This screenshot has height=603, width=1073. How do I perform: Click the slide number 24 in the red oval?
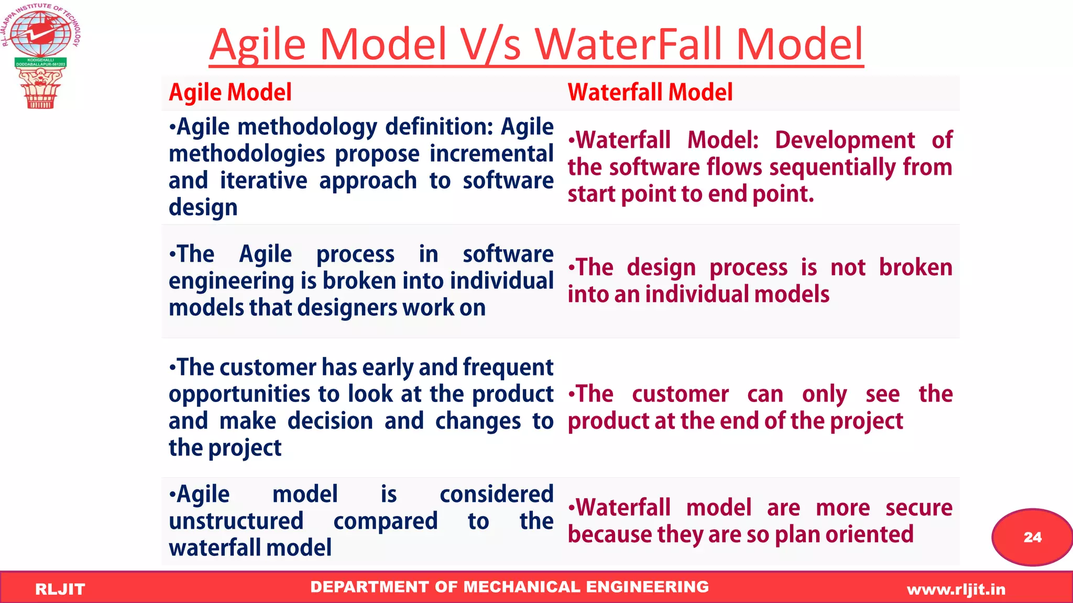(x=1032, y=537)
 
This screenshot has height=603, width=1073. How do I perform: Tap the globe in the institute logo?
(x=40, y=35)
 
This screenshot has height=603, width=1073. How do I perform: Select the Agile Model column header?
(x=230, y=93)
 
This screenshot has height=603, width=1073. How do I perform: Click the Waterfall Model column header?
(x=650, y=93)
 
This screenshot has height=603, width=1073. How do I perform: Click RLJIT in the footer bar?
(x=60, y=589)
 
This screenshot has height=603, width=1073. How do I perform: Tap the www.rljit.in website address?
(x=956, y=589)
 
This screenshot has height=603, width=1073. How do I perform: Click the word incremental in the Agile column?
(x=491, y=154)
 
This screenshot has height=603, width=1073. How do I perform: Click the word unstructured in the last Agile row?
(x=236, y=521)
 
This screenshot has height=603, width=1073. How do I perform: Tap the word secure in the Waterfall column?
(x=919, y=508)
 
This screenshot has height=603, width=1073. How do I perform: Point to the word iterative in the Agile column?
(x=264, y=181)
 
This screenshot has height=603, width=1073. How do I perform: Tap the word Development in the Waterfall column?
(x=845, y=140)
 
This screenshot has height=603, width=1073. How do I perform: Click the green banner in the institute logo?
(x=40, y=62)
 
